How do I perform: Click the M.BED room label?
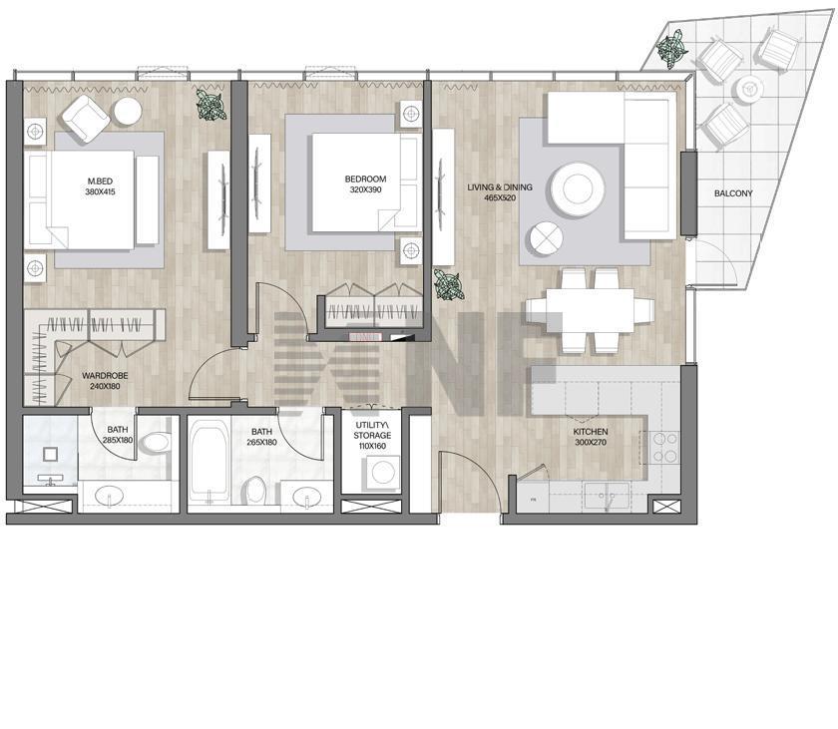100,182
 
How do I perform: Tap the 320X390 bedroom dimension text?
365,189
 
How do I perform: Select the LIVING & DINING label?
500,187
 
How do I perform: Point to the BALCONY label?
733,193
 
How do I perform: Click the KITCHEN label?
591,432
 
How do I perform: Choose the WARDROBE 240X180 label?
105,381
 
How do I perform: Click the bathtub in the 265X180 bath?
209,462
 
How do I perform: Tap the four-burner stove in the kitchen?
664,448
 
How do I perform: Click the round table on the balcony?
749,89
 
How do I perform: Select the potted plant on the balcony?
671,48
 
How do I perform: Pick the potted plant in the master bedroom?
210,104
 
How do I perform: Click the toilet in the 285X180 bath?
155,442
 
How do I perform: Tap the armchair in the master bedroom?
86,119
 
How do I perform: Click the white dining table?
590,310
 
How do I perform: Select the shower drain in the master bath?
50,454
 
